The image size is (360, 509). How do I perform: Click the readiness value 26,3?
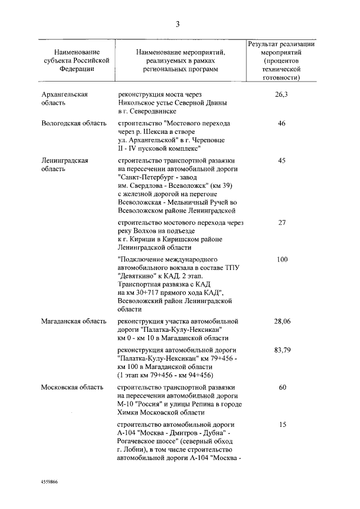(282, 94)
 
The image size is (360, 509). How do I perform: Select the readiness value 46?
(282, 123)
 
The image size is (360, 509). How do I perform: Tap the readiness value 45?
(282, 160)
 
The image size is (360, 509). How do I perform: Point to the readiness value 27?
(282, 223)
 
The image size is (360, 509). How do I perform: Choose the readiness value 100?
(282, 259)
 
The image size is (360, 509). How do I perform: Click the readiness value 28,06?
(282, 322)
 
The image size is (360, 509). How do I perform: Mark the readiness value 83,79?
(282, 350)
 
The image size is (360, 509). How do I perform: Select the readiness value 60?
(282, 388)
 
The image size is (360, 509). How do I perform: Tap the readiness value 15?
(282, 425)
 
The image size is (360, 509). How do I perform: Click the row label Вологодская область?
(74, 123)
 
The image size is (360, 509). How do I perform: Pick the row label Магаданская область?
(74, 322)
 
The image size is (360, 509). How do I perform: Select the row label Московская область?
(73, 388)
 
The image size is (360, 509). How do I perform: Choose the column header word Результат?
(264, 44)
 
